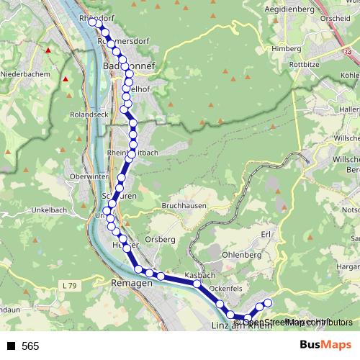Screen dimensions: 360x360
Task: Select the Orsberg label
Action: [x=160, y=239]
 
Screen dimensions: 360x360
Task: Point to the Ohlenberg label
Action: [x=242, y=254]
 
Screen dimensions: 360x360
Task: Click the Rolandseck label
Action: [x=89, y=114]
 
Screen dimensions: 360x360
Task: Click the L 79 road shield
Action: [x=70, y=286]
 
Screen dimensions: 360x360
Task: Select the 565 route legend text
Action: [x=30, y=346]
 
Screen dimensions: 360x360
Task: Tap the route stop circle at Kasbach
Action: [x=197, y=284]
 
